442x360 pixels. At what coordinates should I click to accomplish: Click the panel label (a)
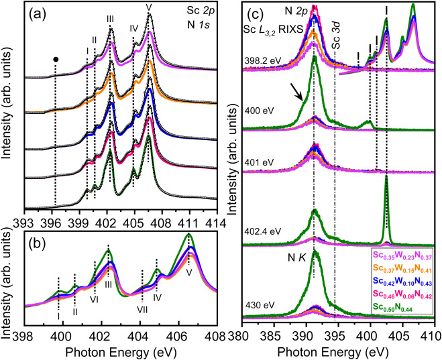coord(36,13)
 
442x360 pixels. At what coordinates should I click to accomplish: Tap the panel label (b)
coord(36,239)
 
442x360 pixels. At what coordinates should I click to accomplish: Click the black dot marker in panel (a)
coord(56,59)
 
